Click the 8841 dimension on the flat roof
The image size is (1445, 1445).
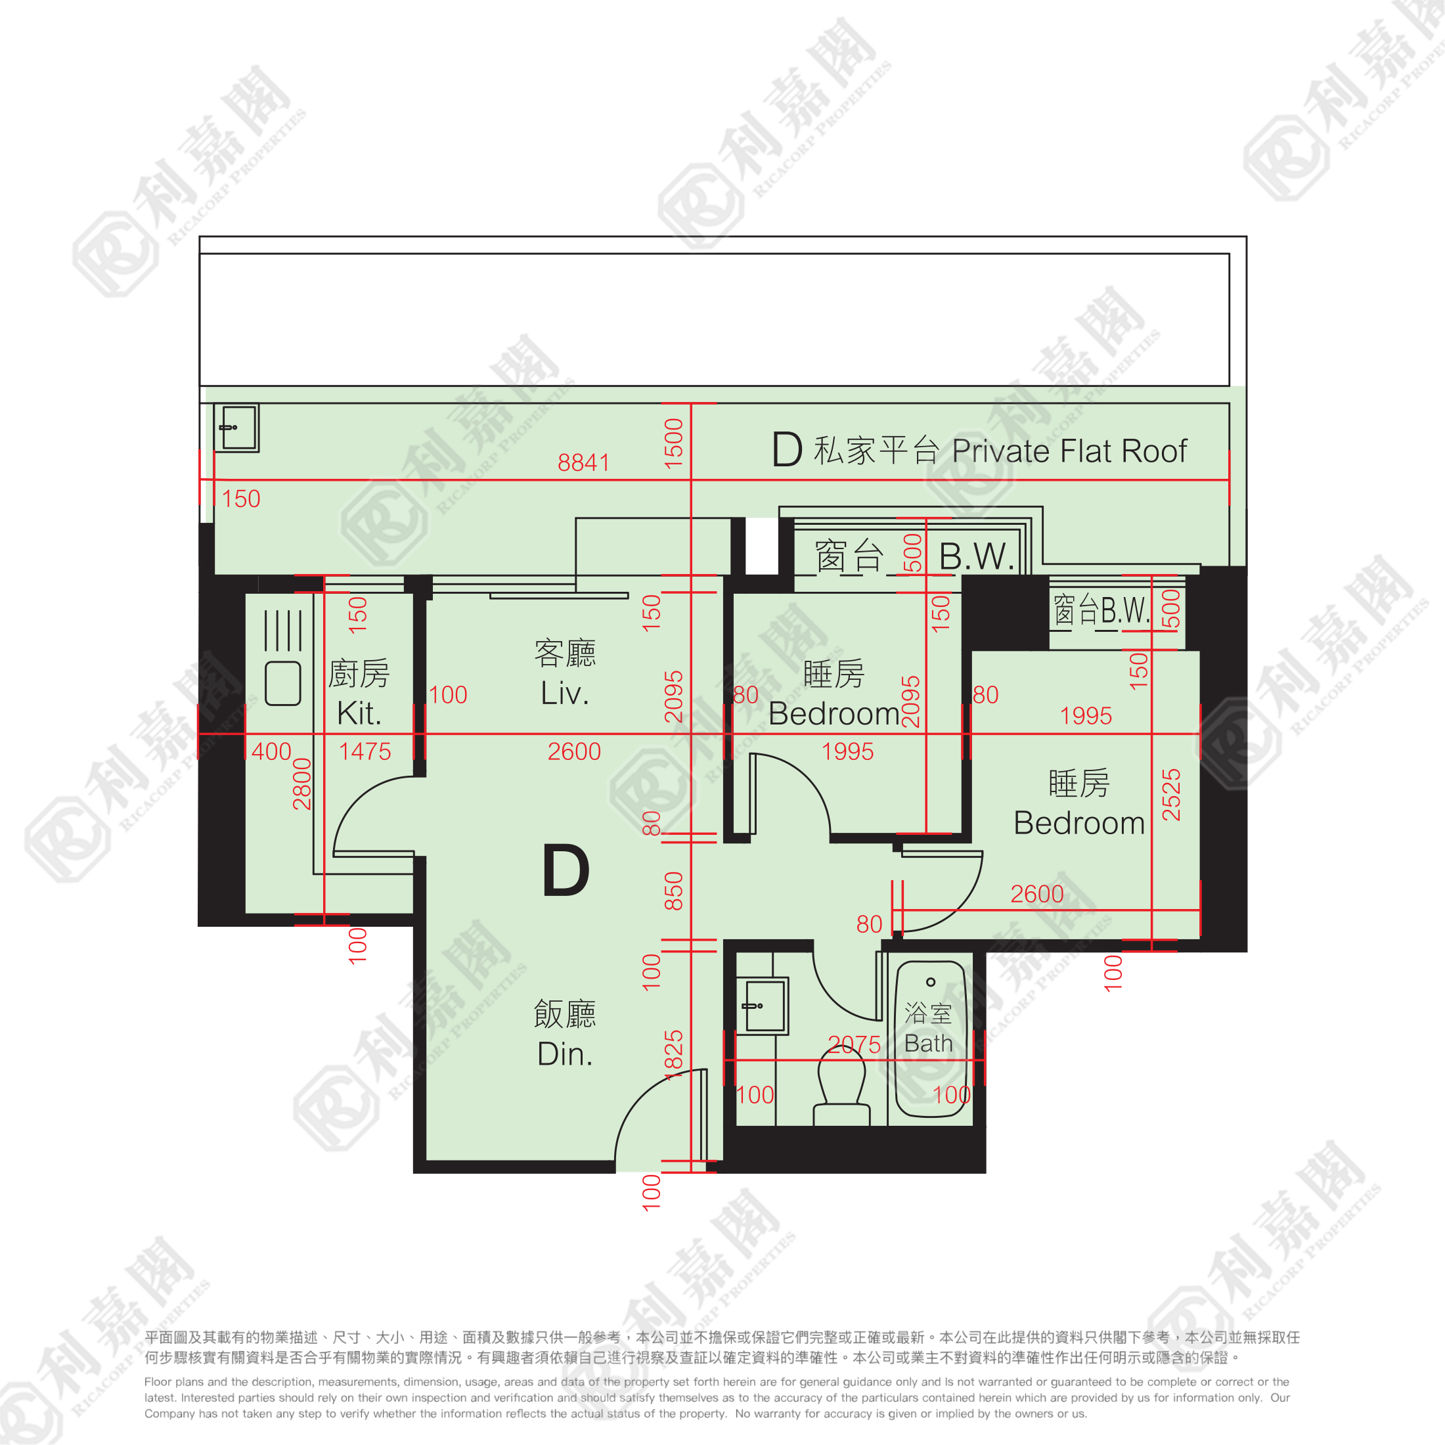tap(583, 463)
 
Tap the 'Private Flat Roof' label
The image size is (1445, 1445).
tap(1069, 451)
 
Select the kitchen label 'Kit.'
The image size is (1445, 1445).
tap(359, 713)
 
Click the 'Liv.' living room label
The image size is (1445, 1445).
tap(565, 694)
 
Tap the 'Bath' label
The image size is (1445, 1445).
tap(928, 1044)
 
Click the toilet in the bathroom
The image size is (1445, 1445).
tap(842, 1084)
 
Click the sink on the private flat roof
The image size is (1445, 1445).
tap(236, 428)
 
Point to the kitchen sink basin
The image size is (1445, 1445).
tap(282, 683)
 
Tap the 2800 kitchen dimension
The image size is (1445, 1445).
tap(301, 784)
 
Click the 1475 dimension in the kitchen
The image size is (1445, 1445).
tap(365, 751)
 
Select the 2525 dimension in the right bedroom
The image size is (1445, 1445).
tap(1171, 794)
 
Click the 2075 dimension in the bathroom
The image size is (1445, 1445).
tap(854, 1044)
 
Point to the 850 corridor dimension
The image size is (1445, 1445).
tap(674, 891)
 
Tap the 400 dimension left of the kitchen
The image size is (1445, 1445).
tap(271, 751)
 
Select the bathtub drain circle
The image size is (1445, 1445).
tap(931, 982)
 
